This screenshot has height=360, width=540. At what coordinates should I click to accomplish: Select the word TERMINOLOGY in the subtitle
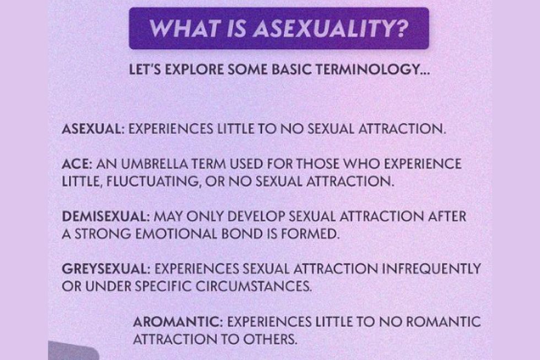(369, 70)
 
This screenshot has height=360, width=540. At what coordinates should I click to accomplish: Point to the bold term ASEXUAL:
(93, 129)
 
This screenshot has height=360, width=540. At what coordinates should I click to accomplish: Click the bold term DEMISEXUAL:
(106, 217)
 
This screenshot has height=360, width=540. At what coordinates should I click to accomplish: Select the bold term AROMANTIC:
(178, 322)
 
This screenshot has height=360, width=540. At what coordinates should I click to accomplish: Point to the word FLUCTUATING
(154, 181)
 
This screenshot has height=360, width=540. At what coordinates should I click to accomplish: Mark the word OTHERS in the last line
(270, 340)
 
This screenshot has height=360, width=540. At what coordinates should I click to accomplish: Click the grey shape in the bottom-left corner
(72, 351)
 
